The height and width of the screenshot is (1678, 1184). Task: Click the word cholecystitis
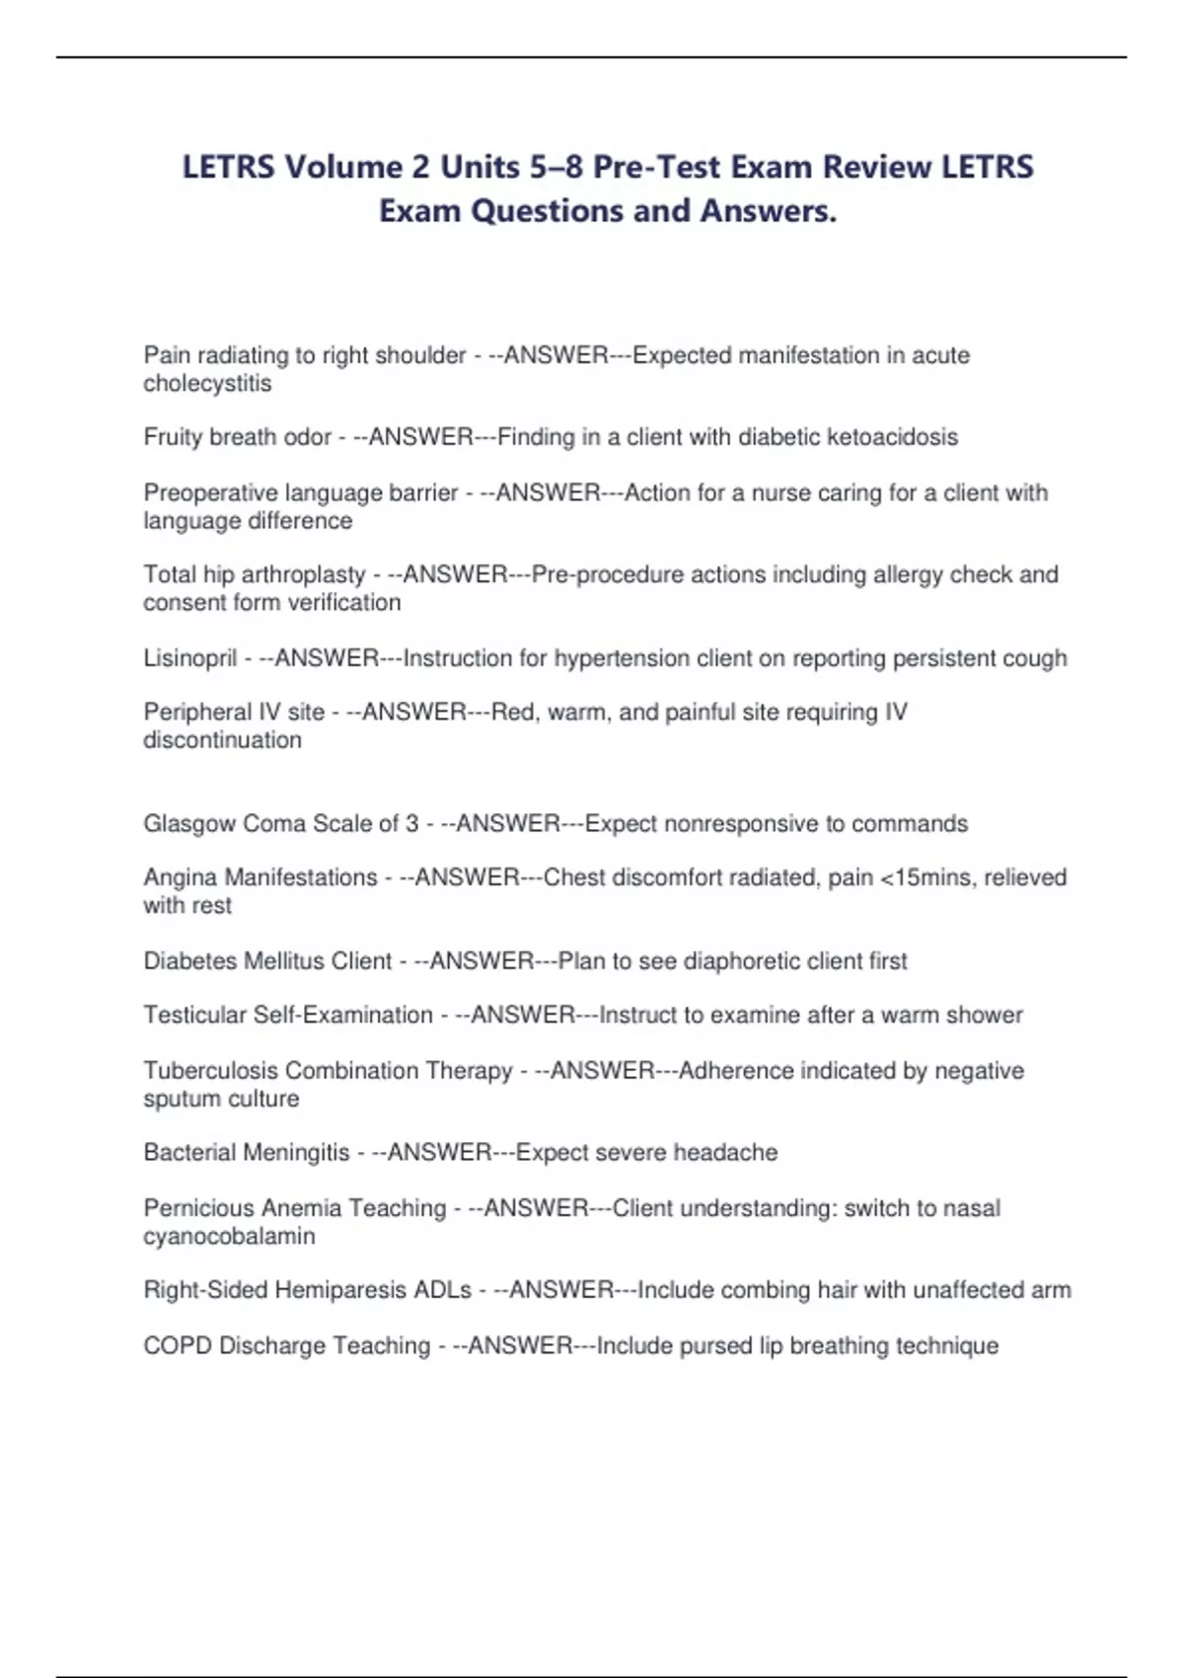pos(207,383)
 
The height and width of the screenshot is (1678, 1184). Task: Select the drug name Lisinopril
pos(190,658)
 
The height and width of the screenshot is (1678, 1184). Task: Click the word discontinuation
pos(222,740)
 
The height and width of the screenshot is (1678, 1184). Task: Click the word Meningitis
pos(303,1152)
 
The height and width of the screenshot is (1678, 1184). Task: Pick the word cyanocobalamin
pos(229,1236)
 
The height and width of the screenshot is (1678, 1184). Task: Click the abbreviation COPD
pos(178,1345)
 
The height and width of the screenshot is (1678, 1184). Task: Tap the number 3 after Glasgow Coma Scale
pos(411,823)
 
